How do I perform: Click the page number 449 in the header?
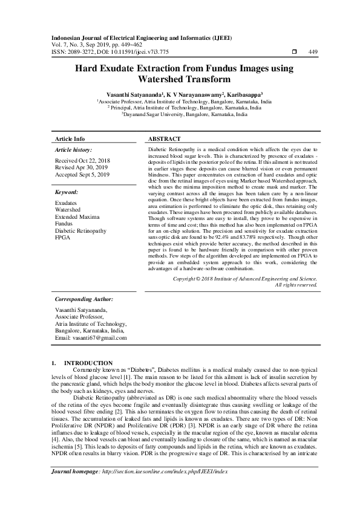tap(313, 52)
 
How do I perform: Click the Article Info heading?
tap(70, 138)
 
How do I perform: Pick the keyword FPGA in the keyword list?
tap(63, 238)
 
